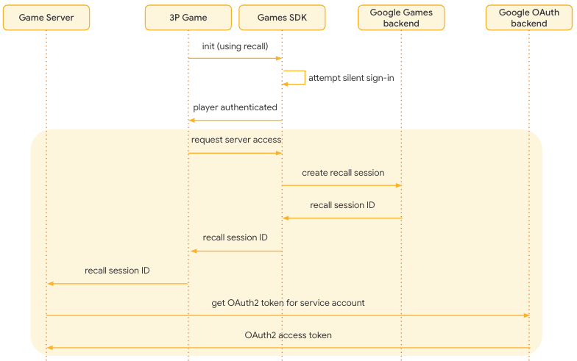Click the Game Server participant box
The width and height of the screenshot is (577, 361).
[46, 17]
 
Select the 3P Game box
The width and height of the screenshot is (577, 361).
[188, 17]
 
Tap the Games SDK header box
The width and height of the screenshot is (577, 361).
[282, 17]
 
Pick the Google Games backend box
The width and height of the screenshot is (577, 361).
[401, 17]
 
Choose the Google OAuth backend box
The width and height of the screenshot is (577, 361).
[528, 17]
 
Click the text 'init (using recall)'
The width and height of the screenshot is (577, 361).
[235, 46]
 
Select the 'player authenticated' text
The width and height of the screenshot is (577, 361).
[235, 107]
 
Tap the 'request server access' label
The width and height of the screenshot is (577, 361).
[236, 140]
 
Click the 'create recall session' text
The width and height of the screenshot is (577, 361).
[343, 173]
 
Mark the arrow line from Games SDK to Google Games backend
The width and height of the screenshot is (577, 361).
[341, 185]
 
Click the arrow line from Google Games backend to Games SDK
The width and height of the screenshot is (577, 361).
[341, 218]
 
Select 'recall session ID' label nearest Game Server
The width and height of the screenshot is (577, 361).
[117, 271]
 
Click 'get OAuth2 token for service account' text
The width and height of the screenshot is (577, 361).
[288, 303]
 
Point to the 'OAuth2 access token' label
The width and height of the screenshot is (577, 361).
[288, 335]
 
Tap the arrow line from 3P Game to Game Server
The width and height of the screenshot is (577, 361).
[118, 283]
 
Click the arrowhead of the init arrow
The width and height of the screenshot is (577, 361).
[279, 58]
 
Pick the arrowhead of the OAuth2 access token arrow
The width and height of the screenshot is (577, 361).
[49, 348]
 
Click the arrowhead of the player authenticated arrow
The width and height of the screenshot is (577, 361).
[191, 120]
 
